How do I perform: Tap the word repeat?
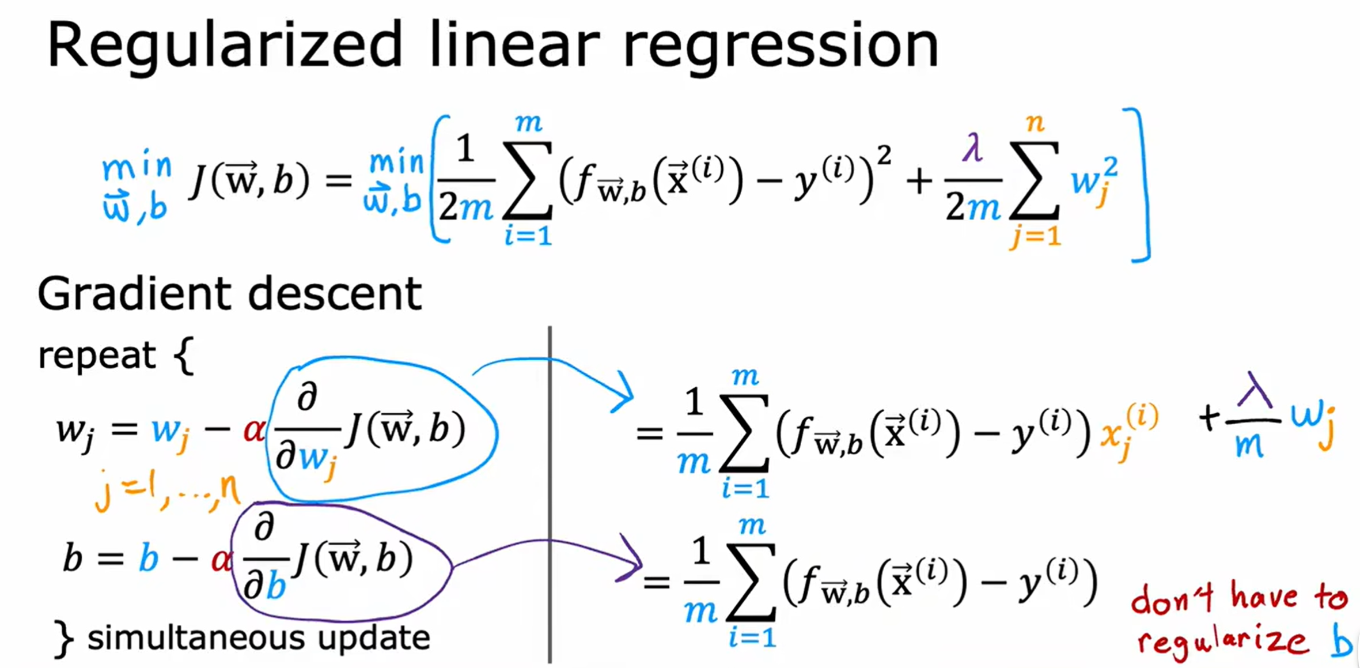pos(96,356)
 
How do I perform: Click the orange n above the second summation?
pos(1035,122)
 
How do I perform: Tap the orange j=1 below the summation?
pos(1035,236)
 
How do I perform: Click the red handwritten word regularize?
pos(1221,641)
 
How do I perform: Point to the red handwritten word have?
pos(1264,597)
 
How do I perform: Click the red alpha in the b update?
pos(221,559)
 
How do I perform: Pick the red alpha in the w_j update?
pos(254,429)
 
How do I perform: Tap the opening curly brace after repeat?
pos(184,356)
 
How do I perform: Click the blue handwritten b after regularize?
pos(1341,643)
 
